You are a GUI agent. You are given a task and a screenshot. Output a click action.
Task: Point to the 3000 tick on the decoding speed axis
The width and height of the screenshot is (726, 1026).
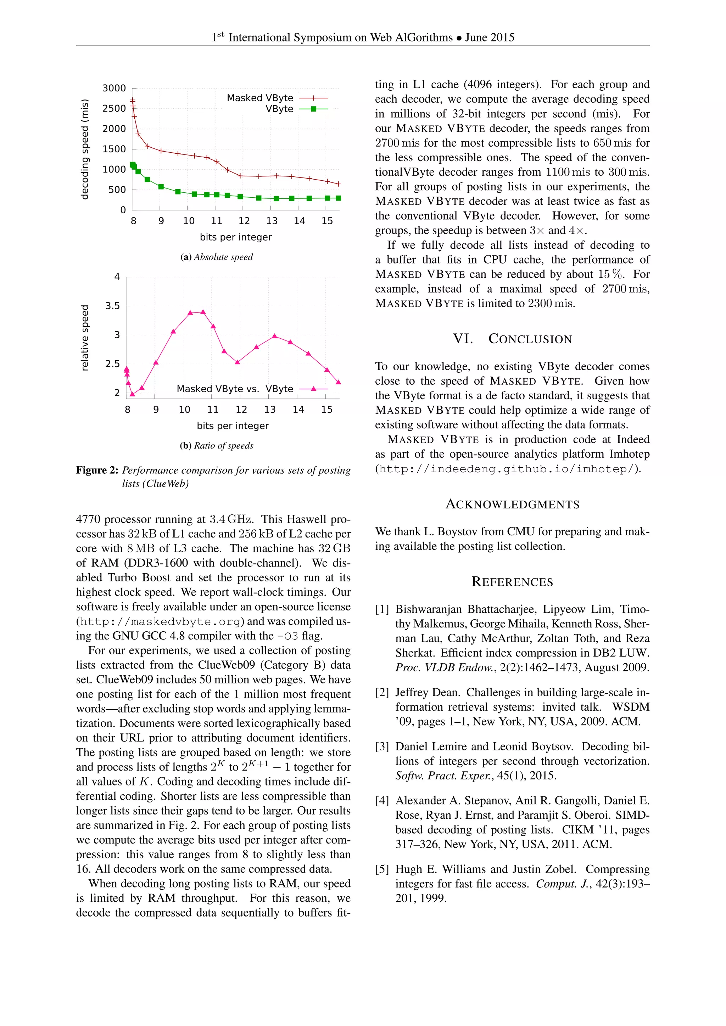115,88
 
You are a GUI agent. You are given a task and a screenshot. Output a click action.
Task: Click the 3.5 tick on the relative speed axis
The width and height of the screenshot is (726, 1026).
113,306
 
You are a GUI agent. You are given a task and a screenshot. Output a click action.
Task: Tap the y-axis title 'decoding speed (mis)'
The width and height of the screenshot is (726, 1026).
84,149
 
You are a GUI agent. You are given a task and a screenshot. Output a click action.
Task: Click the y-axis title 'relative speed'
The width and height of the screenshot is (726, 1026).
84,338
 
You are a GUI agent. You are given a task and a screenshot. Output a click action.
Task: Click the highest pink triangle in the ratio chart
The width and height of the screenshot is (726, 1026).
203,312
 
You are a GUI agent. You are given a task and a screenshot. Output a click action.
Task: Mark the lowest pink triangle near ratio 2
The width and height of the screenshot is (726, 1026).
132,394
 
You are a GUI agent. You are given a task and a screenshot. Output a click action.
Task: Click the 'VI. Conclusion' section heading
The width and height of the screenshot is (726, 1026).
512,339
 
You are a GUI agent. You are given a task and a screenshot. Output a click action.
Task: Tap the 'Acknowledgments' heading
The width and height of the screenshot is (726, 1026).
512,504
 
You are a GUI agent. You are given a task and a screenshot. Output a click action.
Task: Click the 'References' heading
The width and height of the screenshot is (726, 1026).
512,582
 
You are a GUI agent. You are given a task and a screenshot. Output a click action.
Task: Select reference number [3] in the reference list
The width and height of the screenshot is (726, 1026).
382,747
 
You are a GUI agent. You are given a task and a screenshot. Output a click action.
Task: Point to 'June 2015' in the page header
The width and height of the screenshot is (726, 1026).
490,38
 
